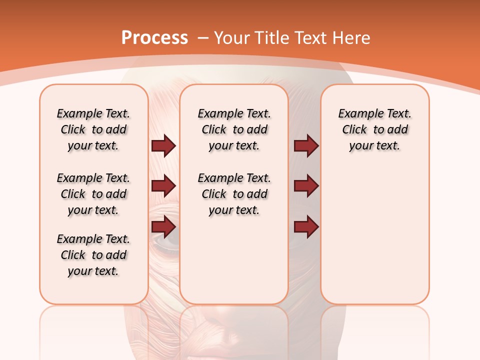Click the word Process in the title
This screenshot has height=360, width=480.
point(154,38)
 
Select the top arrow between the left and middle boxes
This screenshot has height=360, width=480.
point(163,145)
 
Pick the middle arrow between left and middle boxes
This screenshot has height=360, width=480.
point(163,186)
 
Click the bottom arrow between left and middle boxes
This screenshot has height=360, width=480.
point(163,226)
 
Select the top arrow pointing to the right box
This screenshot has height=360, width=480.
point(306,145)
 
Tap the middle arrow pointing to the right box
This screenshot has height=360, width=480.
point(306,186)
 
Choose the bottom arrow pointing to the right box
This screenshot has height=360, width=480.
point(306,226)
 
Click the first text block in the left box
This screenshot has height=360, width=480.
point(93,129)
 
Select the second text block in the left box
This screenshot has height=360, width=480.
point(93,194)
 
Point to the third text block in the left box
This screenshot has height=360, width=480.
point(93,255)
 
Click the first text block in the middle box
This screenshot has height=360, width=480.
point(234,129)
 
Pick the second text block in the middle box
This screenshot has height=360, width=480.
point(234,194)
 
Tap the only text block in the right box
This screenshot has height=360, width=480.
point(375,129)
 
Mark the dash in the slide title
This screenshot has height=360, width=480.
point(203,38)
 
